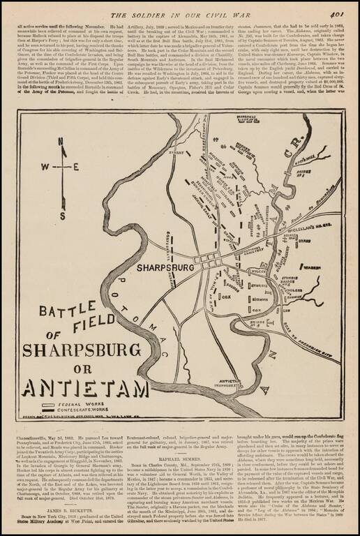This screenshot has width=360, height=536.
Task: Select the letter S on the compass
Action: [x=62, y=200]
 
